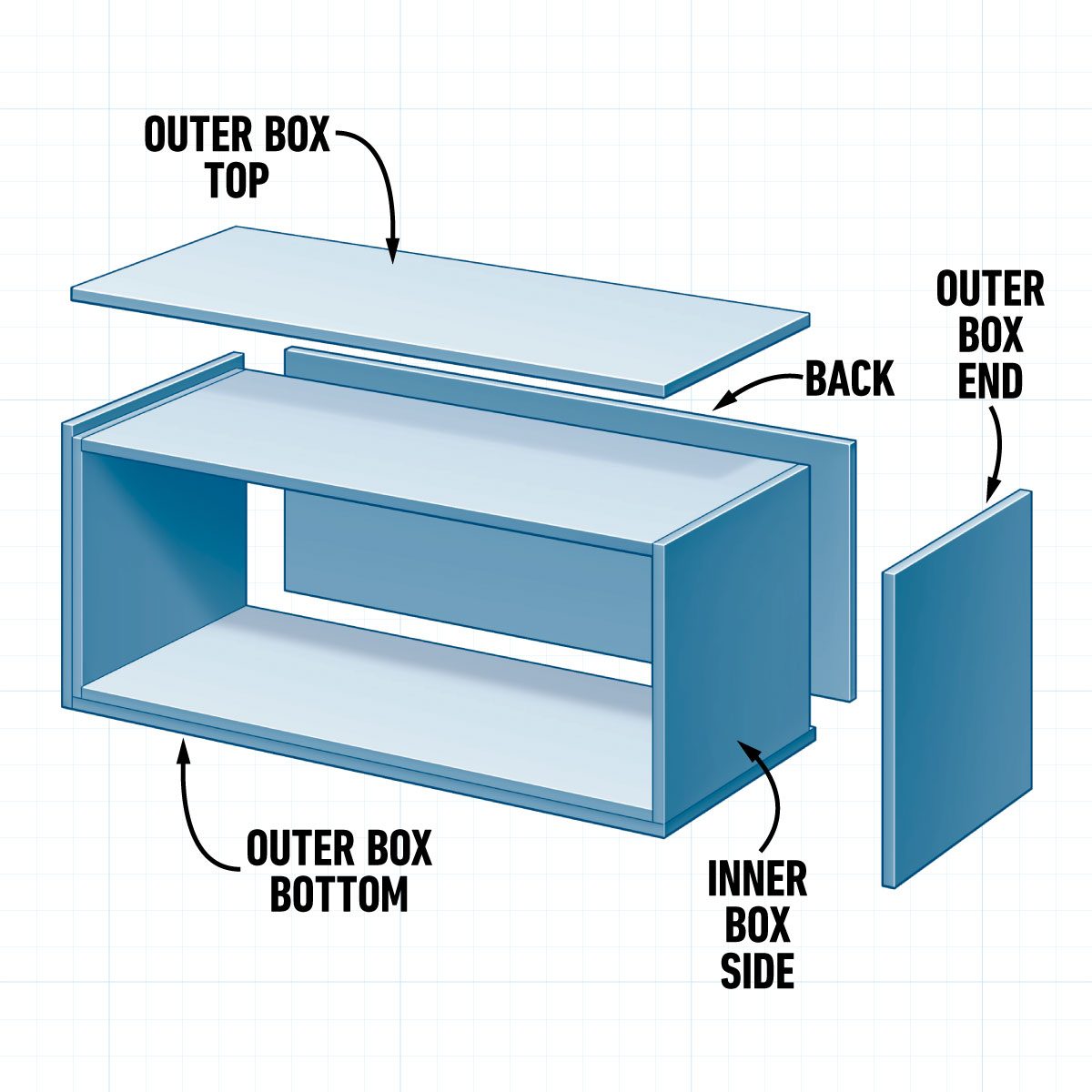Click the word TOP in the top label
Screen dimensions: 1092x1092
point(237,181)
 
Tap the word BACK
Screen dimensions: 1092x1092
point(850,379)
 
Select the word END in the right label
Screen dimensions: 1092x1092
point(990,381)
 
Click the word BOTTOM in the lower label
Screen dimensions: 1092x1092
point(339,895)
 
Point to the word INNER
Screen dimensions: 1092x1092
point(757,879)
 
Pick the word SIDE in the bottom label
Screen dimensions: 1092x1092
point(757,971)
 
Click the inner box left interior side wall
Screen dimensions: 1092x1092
point(164,564)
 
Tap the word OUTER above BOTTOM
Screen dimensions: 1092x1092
point(290,850)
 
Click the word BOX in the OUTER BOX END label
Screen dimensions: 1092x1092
point(990,336)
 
